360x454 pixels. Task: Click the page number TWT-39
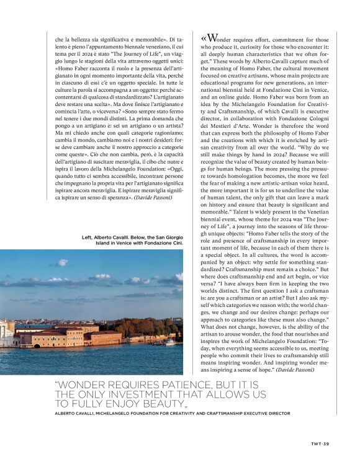pos(320,443)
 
